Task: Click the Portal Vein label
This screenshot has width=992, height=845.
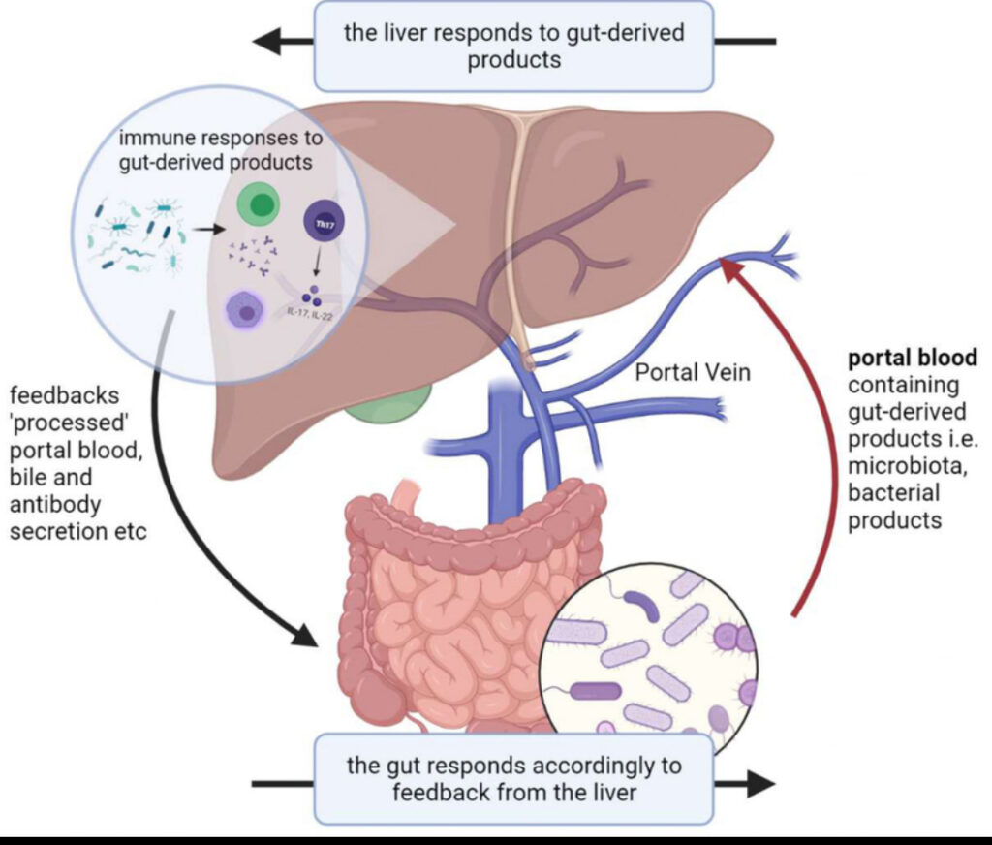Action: (x=692, y=372)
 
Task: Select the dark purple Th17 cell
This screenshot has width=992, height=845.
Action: (x=320, y=220)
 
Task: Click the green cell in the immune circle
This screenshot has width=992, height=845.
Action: (x=259, y=204)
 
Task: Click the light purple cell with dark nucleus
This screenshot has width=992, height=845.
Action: (x=249, y=312)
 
